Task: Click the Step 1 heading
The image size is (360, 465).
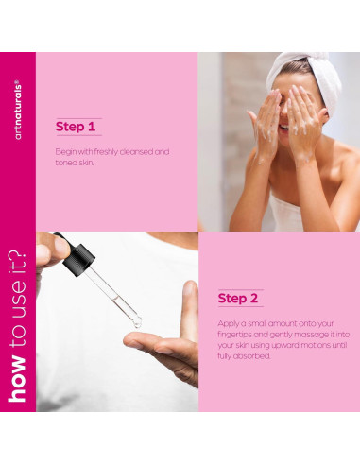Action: (x=77, y=127)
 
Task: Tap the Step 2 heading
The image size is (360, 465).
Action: (x=238, y=299)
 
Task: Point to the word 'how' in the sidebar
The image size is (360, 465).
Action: (x=18, y=383)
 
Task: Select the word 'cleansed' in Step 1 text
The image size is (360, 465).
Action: (x=141, y=151)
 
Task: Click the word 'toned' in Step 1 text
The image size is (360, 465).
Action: (x=67, y=162)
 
